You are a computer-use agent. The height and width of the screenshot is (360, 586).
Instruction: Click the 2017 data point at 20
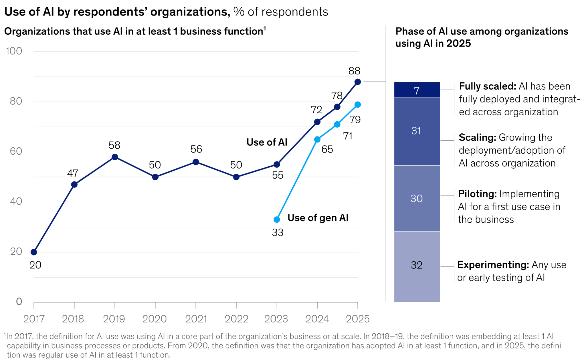coord(34,252)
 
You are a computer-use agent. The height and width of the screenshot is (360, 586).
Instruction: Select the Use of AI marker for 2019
coord(115,157)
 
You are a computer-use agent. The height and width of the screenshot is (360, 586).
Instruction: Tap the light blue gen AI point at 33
coord(277,219)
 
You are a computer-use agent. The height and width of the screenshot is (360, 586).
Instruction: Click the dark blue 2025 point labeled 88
coord(357,82)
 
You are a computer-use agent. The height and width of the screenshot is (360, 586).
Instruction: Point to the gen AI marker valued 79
coord(357,105)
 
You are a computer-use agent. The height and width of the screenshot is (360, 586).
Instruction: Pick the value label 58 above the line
coord(114,145)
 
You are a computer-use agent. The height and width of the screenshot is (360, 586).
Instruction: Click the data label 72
coord(316,110)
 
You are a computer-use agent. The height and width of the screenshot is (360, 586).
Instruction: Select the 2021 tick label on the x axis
coord(196,319)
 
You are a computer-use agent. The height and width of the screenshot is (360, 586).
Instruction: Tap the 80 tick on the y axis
coord(16,101)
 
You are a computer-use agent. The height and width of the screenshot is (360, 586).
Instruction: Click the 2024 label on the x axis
coord(317,319)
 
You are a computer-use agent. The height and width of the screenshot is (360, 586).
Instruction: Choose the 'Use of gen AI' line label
coord(318,218)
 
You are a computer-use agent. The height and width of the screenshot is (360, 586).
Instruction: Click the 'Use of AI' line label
coord(267,142)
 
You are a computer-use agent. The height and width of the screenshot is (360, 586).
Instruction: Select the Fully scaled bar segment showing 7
coord(417,90)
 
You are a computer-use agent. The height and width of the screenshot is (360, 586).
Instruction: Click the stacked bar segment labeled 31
coord(417,131)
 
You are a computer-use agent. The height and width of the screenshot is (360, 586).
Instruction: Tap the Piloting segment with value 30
coord(417,198)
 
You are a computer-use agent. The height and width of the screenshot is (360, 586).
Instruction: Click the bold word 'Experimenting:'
coord(493,265)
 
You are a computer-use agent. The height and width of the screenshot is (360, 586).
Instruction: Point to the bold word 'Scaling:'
coord(477,138)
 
